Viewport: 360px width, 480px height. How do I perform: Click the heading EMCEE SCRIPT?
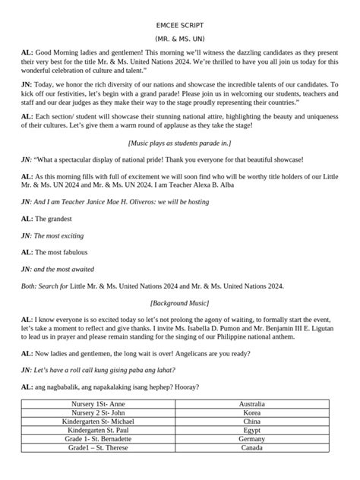(x=179, y=24)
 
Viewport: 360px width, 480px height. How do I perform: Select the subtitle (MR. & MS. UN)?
(x=179, y=37)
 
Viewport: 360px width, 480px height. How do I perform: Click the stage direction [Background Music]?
(x=179, y=302)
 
